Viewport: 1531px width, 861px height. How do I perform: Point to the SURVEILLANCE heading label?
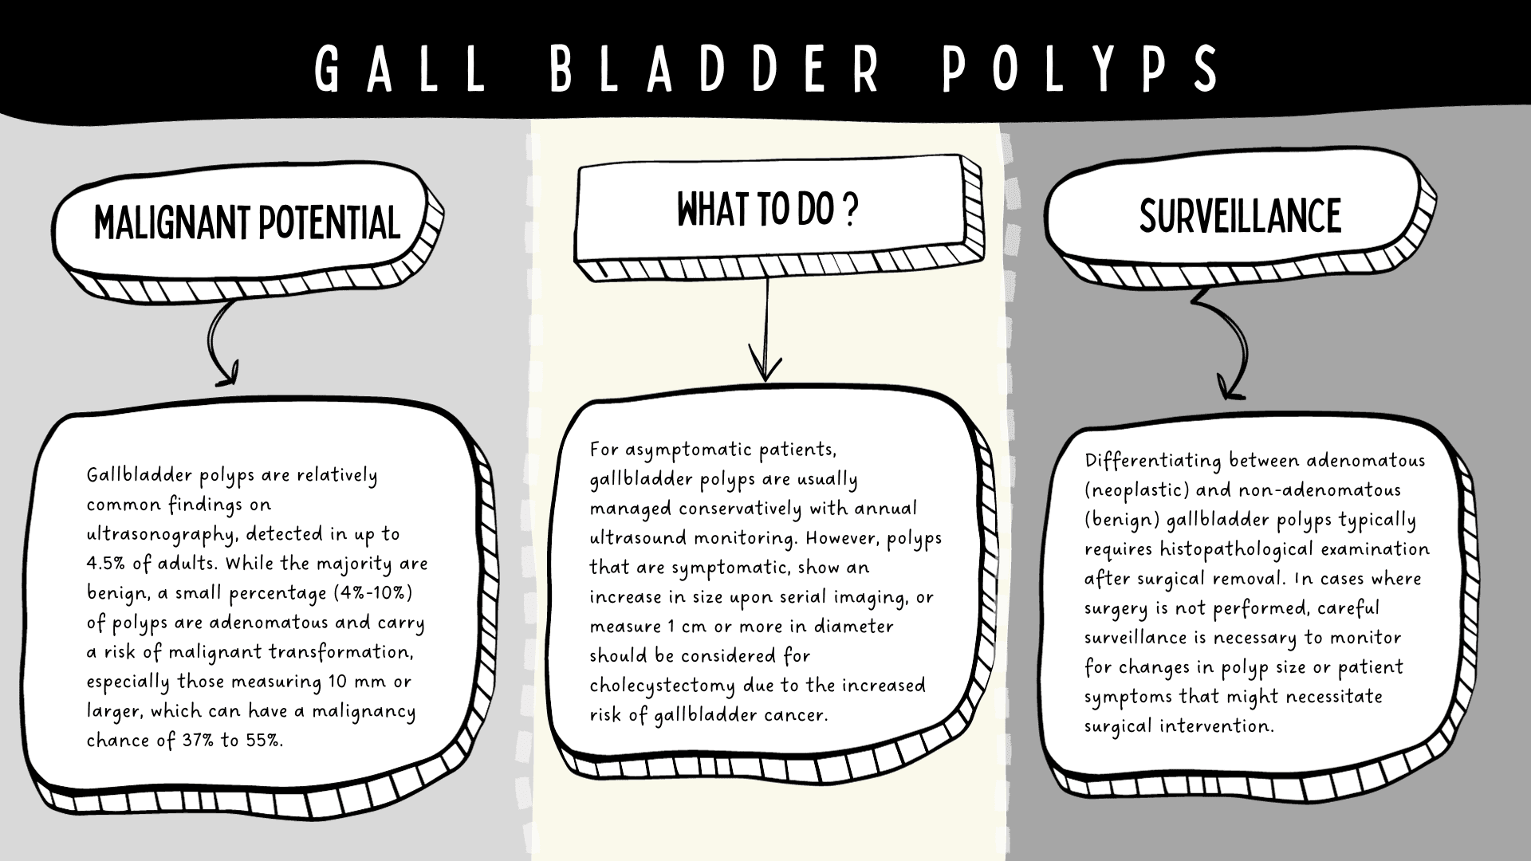click(1240, 215)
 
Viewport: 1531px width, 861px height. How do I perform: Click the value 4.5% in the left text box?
click(108, 564)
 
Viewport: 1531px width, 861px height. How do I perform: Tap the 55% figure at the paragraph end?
click(263, 741)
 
